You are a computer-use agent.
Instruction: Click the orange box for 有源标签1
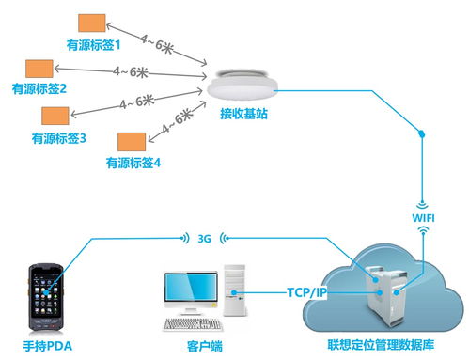91,23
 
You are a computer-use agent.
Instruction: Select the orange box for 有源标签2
39,69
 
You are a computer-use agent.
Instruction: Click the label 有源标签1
94,43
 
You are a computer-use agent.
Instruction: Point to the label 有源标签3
59,138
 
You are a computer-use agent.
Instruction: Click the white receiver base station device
242,85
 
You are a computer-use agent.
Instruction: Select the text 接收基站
242,115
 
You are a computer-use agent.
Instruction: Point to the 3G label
205,238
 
